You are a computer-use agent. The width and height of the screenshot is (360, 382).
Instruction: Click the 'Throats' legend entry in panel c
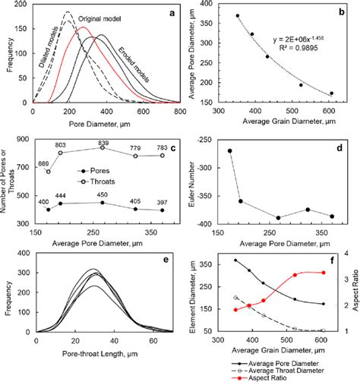point(109,180)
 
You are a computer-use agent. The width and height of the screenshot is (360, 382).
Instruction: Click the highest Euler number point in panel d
point(230,150)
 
